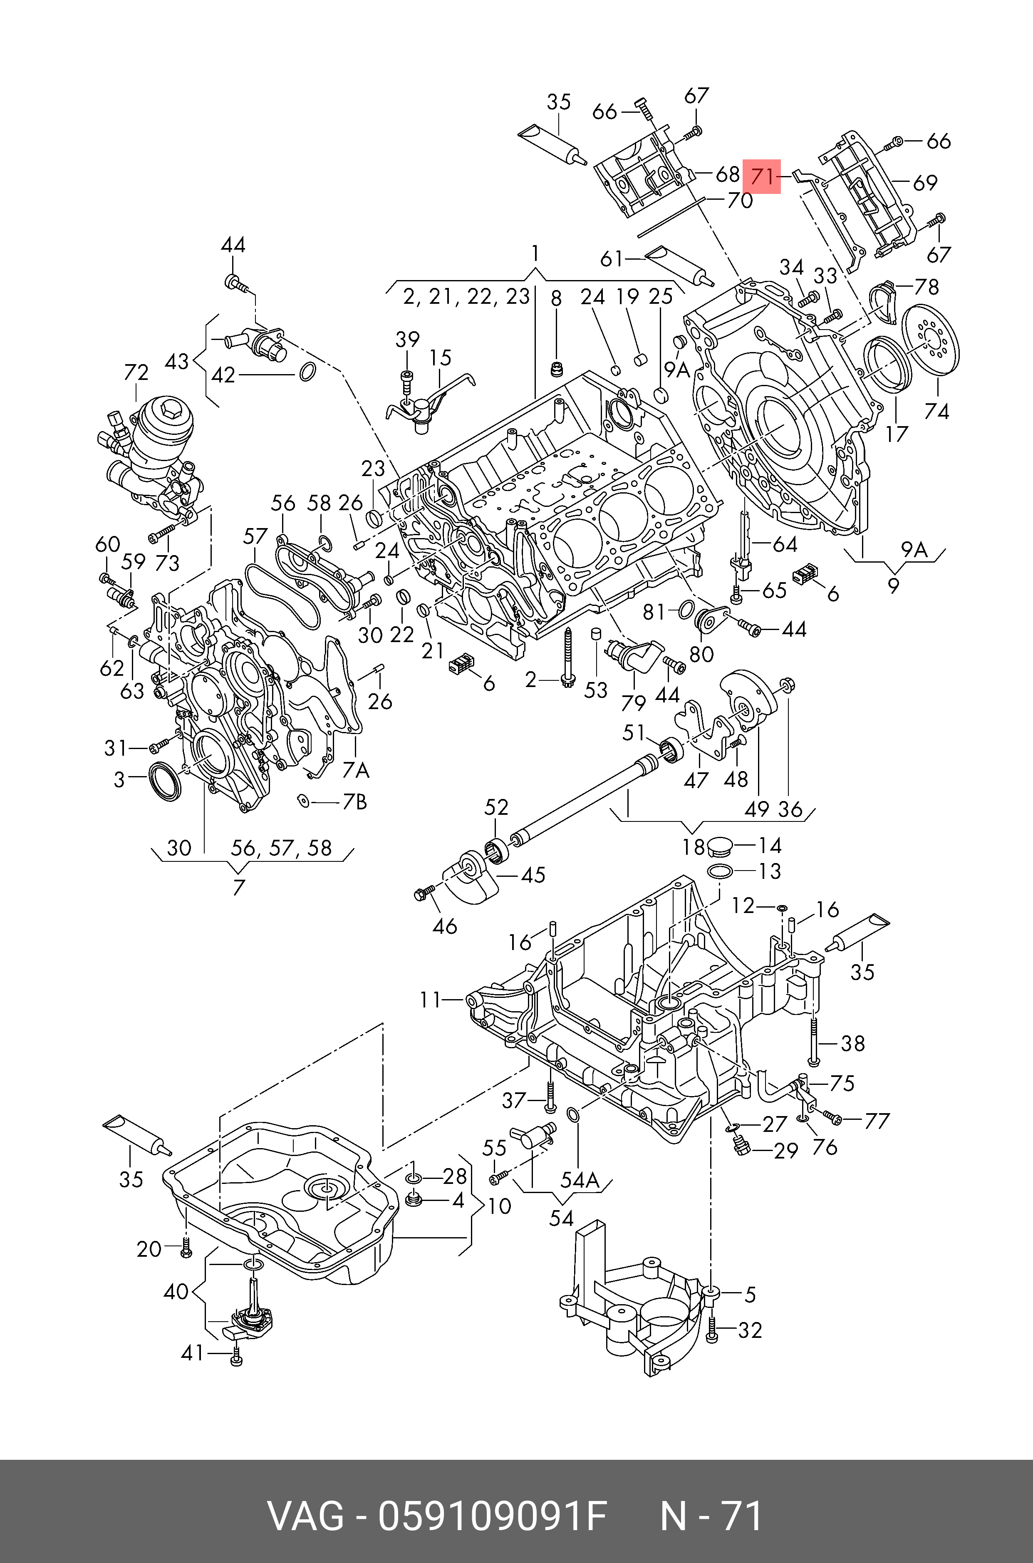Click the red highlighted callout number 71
coord(762,176)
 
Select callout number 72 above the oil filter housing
coord(136,373)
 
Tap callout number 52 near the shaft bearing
coord(496,808)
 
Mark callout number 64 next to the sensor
coord(785,544)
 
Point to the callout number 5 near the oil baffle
coord(750,1295)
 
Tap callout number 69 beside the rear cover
coord(925,183)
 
